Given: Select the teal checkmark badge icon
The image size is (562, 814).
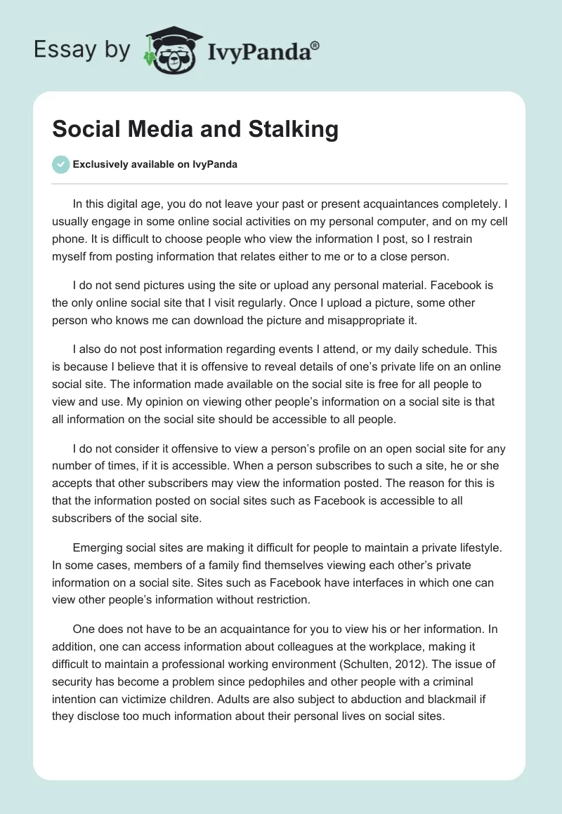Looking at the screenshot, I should coord(60,164).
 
